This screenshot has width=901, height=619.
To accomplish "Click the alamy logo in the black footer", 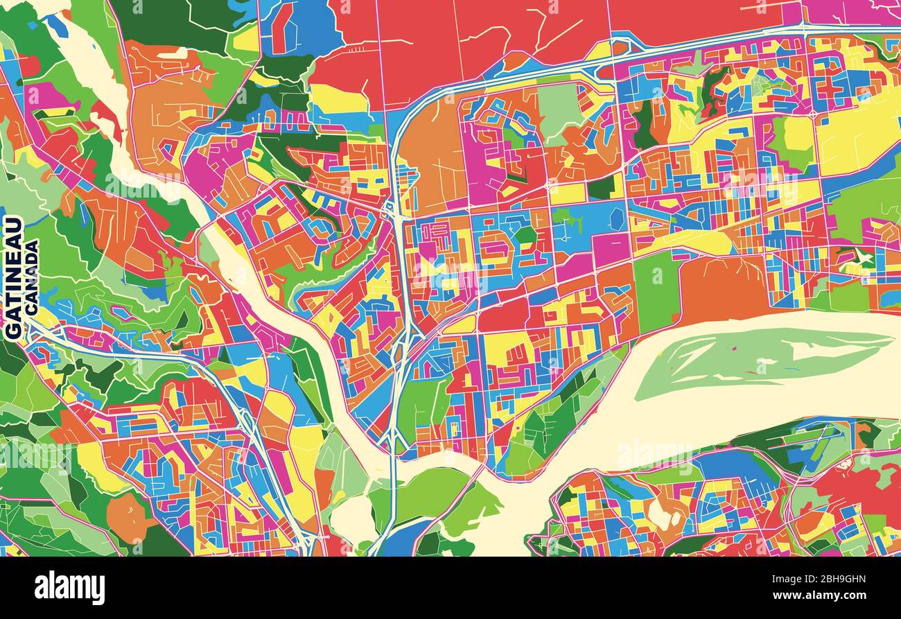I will click(70, 588).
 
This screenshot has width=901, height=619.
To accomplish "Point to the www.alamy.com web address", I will click(825, 595).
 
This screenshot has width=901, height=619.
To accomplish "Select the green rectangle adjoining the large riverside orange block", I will click(655, 291).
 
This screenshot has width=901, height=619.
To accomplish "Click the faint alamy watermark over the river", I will click(651, 454).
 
